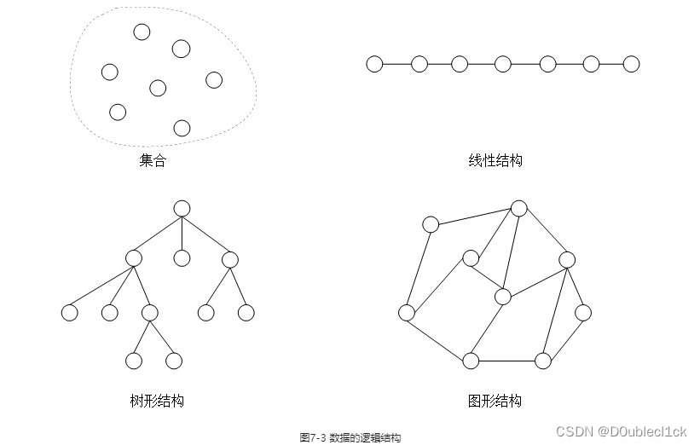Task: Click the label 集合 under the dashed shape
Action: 153,160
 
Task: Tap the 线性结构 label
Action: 495,160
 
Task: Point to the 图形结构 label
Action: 495,401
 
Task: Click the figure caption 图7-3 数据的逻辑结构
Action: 350,436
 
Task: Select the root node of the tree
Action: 181,208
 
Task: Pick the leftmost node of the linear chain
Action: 374,64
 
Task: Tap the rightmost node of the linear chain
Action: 631,64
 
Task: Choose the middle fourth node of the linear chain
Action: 503,64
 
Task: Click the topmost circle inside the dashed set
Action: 142,32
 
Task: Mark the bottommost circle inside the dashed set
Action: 182,128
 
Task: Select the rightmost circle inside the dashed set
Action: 214,79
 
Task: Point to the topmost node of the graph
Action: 519,207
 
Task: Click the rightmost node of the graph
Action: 583,312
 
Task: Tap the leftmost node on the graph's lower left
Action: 407,312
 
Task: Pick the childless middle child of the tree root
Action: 181,257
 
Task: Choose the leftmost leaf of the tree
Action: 70,313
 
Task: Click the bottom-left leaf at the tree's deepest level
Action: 134,361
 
